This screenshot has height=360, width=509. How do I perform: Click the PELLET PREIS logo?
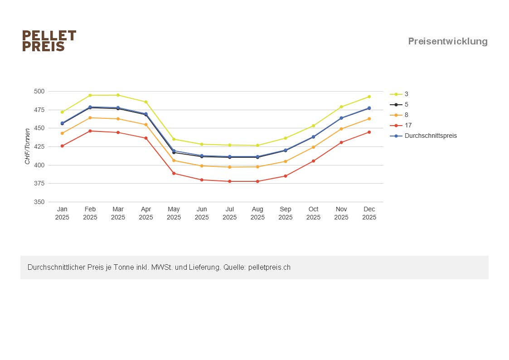49,41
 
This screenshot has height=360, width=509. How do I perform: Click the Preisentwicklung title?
448,41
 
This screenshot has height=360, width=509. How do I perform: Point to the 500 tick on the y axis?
39,91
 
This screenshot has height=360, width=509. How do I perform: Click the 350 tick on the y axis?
39,202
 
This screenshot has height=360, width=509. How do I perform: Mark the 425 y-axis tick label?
39,146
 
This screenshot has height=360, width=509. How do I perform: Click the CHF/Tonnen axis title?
28,146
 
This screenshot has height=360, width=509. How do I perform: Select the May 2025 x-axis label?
174,213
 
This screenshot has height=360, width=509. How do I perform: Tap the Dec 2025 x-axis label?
369,213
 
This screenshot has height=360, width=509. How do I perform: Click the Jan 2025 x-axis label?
62,213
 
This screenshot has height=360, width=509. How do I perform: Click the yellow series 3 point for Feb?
90,95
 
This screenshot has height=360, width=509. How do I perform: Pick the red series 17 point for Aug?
257,181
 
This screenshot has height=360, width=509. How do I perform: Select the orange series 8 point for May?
174,161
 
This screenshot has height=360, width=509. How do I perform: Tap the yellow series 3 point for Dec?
369,97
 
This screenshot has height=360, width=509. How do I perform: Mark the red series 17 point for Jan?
62,146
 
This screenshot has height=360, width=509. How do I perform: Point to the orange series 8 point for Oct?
313,147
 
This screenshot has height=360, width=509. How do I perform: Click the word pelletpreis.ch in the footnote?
269,268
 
